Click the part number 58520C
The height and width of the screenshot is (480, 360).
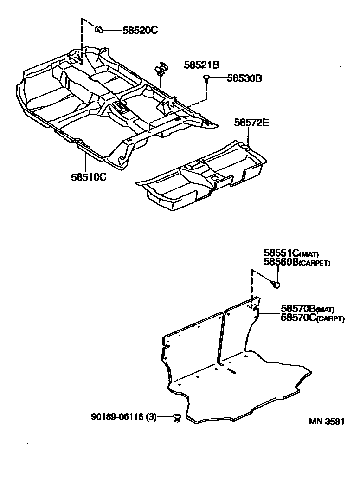(140, 31)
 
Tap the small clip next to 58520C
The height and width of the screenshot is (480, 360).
(99, 30)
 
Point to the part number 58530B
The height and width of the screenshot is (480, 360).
(244, 78)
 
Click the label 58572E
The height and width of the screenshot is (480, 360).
(252, 123)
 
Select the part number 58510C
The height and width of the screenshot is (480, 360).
(89, 177)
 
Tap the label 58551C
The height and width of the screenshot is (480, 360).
(282, 253)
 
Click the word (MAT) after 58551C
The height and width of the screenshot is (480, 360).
(309, 254)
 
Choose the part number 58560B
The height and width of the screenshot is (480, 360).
(282, 263)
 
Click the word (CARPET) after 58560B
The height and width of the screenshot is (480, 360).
(315, 264)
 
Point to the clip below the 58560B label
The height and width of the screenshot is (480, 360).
(276, 283)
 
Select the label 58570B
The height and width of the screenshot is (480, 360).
(298, 309)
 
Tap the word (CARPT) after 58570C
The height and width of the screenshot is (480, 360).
(330, 318)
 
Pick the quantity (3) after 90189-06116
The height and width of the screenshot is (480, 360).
(151, 417)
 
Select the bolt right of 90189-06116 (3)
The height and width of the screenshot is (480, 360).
(177, 418)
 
